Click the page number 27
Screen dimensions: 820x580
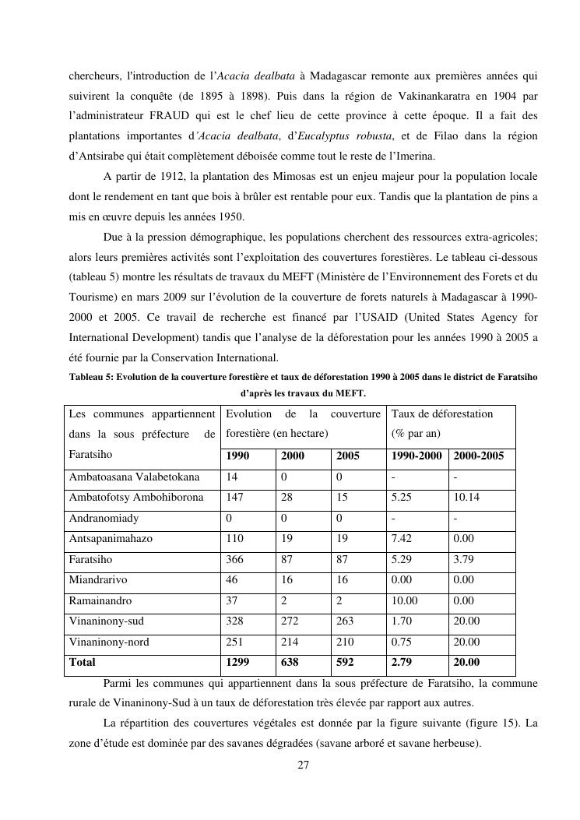coord(304,765)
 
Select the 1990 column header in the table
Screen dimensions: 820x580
coord(238,456)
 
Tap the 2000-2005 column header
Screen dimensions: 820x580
coord(478,456)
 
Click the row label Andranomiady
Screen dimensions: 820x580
coord(104,518)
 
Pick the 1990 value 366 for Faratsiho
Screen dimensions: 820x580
coord(234,559)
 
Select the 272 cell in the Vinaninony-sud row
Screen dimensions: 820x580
coord(291,621)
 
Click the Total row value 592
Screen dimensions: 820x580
coord(346,663)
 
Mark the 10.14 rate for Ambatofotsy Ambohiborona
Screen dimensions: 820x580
coord(467,497)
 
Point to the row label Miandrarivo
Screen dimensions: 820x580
coord(98,580)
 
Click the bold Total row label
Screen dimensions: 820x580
coord(83,663)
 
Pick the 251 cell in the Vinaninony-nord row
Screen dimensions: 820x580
coord(234,642)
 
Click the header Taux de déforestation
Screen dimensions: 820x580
coord(442,414)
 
